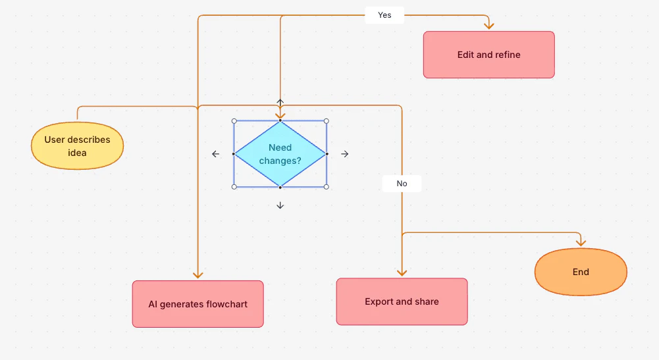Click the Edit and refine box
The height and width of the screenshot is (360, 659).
click(488, 55)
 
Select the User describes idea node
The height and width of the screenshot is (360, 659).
click(77, 146)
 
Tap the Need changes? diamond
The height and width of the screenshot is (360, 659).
click(280, 154)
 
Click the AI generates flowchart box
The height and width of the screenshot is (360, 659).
click(198, 304)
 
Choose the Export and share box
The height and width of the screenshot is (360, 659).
click(402, 301)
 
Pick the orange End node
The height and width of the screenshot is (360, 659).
click(580, 272)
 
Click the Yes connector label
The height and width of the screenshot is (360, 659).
click(384, 14)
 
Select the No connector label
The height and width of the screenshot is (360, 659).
click(402, 184)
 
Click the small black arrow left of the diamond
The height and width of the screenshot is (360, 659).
click(215, 154)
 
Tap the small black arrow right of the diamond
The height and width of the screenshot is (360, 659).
click(344, 154)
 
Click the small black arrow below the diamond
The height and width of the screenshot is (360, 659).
click(280, 205)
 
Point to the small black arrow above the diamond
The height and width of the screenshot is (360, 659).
click(280, 103)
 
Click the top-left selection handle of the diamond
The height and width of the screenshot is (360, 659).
click(234, 121)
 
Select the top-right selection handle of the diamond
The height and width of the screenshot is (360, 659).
click(326, 121)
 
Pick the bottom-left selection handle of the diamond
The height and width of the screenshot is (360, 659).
click(234, 187)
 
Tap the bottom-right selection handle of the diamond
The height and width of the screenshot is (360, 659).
click(326, 187)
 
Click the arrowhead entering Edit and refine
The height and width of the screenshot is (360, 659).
click(488, 26)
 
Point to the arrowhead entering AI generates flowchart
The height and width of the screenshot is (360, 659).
click(198, 274)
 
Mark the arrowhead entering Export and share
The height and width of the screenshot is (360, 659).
click(402, 272)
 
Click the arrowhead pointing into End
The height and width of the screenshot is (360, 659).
click(580, 242)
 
